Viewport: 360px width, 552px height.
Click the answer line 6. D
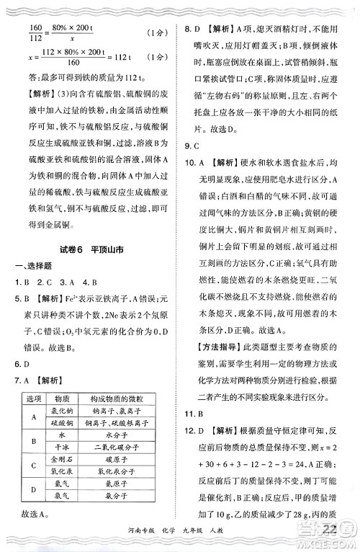pos(28,364)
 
